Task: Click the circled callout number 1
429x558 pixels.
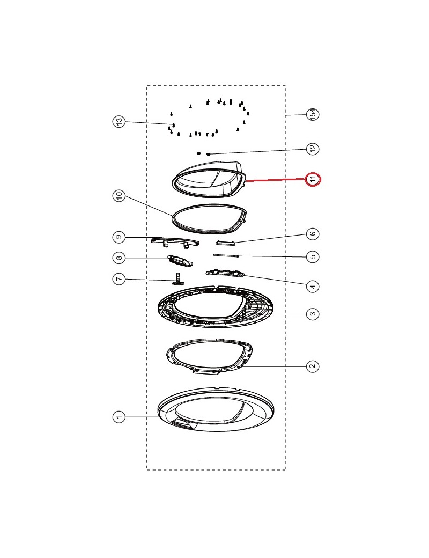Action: click(x=119, y=417)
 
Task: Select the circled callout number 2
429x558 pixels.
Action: click(x=313, y=366)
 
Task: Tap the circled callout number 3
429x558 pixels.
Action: click(x=313, y=314)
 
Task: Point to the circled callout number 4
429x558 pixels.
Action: click(x=313, y=286)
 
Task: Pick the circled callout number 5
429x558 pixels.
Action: click(x=313, y=256)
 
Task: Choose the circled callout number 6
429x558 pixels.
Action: click(x=313, y=234)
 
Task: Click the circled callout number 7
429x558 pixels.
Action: click(x=119, y=278)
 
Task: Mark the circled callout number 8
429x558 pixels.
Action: click(x=119, y=258)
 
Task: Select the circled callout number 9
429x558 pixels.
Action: click(x=119, y=237)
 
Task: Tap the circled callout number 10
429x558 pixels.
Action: click(x=119, y=195)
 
